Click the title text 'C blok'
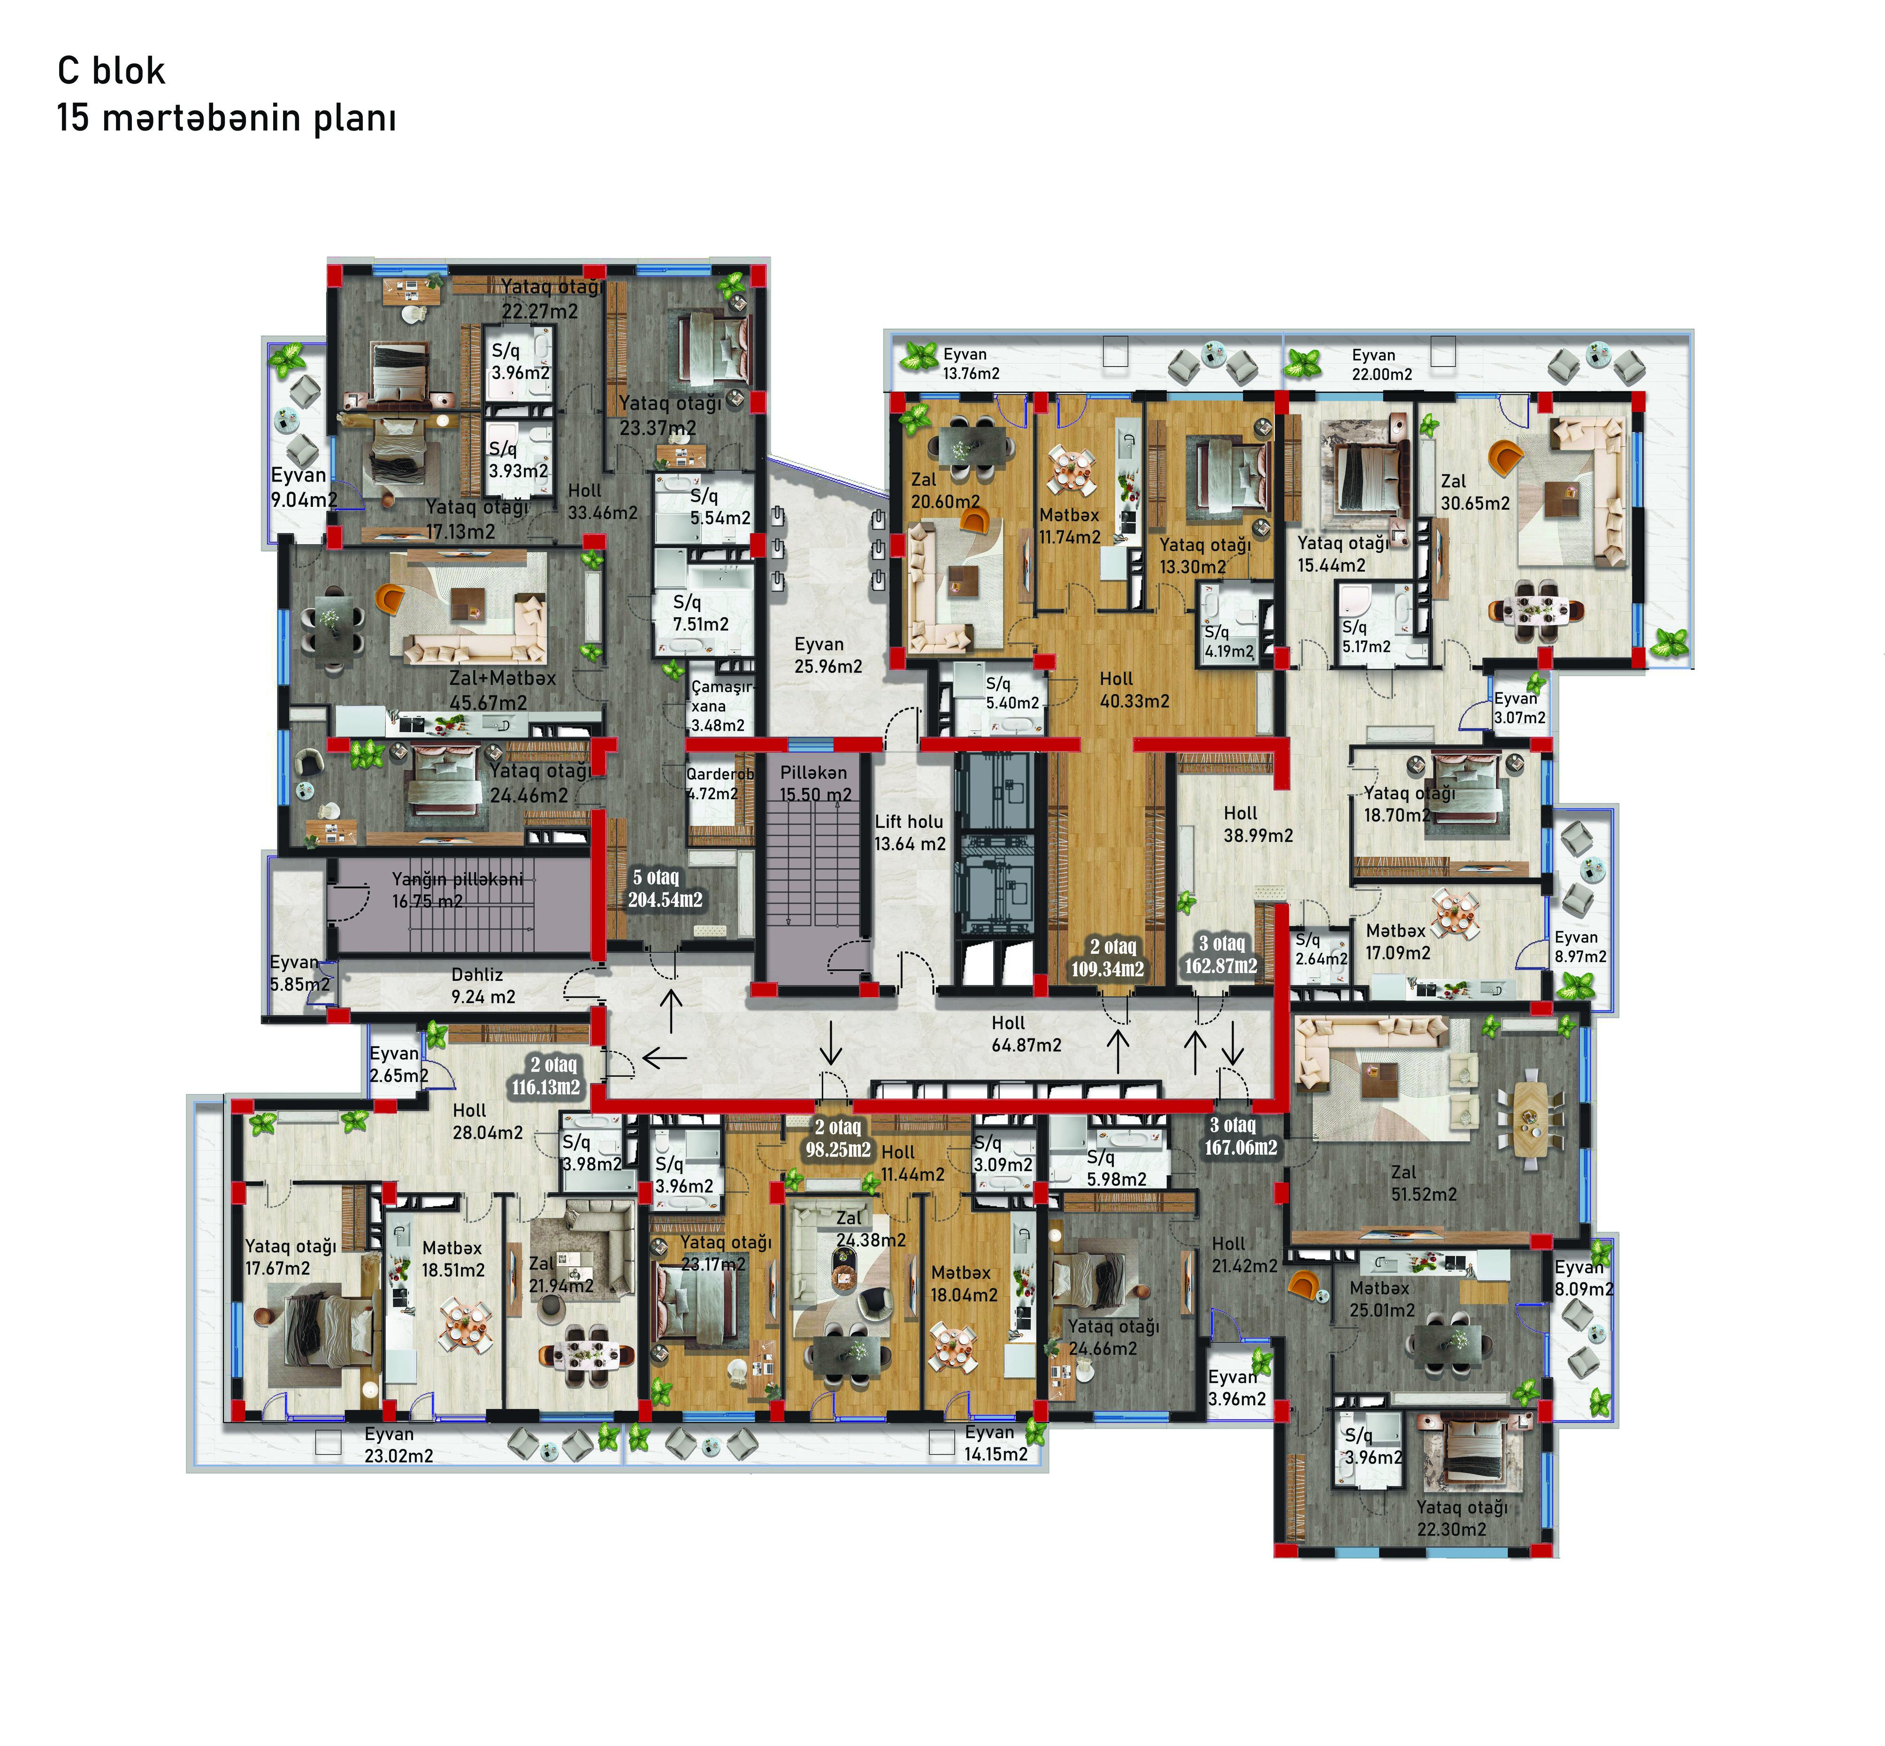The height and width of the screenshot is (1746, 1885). [x=112, y=71]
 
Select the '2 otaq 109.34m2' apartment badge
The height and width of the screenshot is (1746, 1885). [x=1107, y=957]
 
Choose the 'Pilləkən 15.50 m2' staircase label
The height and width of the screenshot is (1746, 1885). [x=814, y=783]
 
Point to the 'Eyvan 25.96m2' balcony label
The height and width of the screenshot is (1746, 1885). [x=828, y=655]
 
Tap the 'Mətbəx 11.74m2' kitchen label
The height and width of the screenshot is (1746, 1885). [x=1070, y=526]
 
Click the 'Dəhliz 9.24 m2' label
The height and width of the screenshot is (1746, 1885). [x=483, y=986]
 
